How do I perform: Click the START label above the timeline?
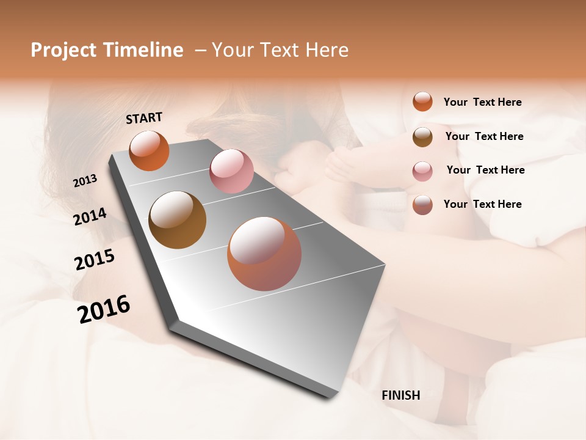click(x=144, y=118)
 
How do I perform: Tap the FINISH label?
click(x=400, y=395)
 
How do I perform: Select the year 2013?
click(x=85, y=181)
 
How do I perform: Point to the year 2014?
click(x=90, y=216)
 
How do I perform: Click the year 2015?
click(x=95, y=260)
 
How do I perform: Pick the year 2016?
click(x=104, y=309)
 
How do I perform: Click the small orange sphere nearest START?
click(x=149, y=151)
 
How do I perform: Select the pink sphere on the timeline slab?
click(x=231, y=171)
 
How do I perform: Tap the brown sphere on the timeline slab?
click(x=177, y=220)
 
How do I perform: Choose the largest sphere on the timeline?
click(x=264, y=254)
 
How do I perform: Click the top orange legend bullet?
click(x=422, y=101)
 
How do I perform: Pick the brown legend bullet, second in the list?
click(x=422, y=137)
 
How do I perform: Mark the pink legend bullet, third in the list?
click(x=422, y=171)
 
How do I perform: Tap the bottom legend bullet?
click(x=422, y=205)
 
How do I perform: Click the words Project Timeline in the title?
click(x=107, y=50)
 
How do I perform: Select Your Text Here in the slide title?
click(x=280, y=50)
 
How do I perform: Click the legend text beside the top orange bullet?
click(x=482, y=102)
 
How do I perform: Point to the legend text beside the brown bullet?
click(x=484, y=136)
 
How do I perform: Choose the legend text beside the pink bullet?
click(x=485, y=170)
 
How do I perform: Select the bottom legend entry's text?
click(x=482, y=204)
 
